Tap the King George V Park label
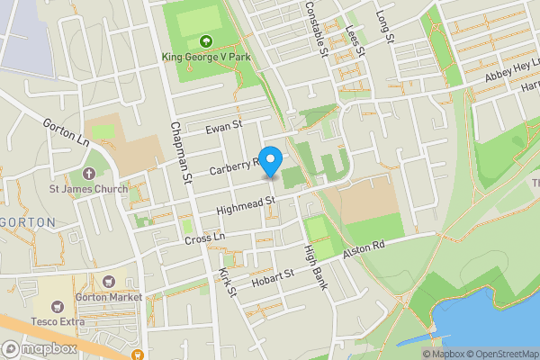tap(205, 58)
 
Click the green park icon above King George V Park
tap(205, 40)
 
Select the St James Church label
tap(88, 189)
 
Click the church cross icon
tap(88, 173)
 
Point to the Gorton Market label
tap(110, 297)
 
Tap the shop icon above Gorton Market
tap(110, 283)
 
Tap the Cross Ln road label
tap(203, 238)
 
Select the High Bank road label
tap(315, 267)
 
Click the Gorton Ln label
tap(64, 132)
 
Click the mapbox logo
tap(40, 348)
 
